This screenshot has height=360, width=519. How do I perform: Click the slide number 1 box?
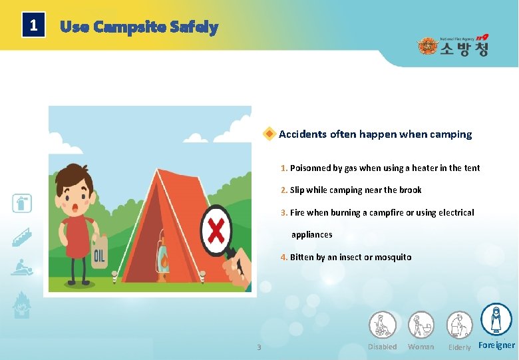pos(33,27)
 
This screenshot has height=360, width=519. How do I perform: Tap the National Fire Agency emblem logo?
pos(426,47)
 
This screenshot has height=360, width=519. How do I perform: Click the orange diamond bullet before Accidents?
pos(269,134)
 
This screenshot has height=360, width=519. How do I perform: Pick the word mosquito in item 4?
pos(393,258)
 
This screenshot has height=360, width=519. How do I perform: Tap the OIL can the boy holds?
pos(99,254)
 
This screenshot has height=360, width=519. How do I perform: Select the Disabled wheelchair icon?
pos(383,325)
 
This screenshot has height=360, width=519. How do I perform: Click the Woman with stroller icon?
pos(421,325)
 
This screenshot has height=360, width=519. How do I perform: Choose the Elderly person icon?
pos(459,325)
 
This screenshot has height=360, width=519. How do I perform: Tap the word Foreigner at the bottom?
pos(496,345)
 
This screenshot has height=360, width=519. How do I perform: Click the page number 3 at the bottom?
pos(259,347)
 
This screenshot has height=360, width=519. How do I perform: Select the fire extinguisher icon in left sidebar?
pos(22,203)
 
